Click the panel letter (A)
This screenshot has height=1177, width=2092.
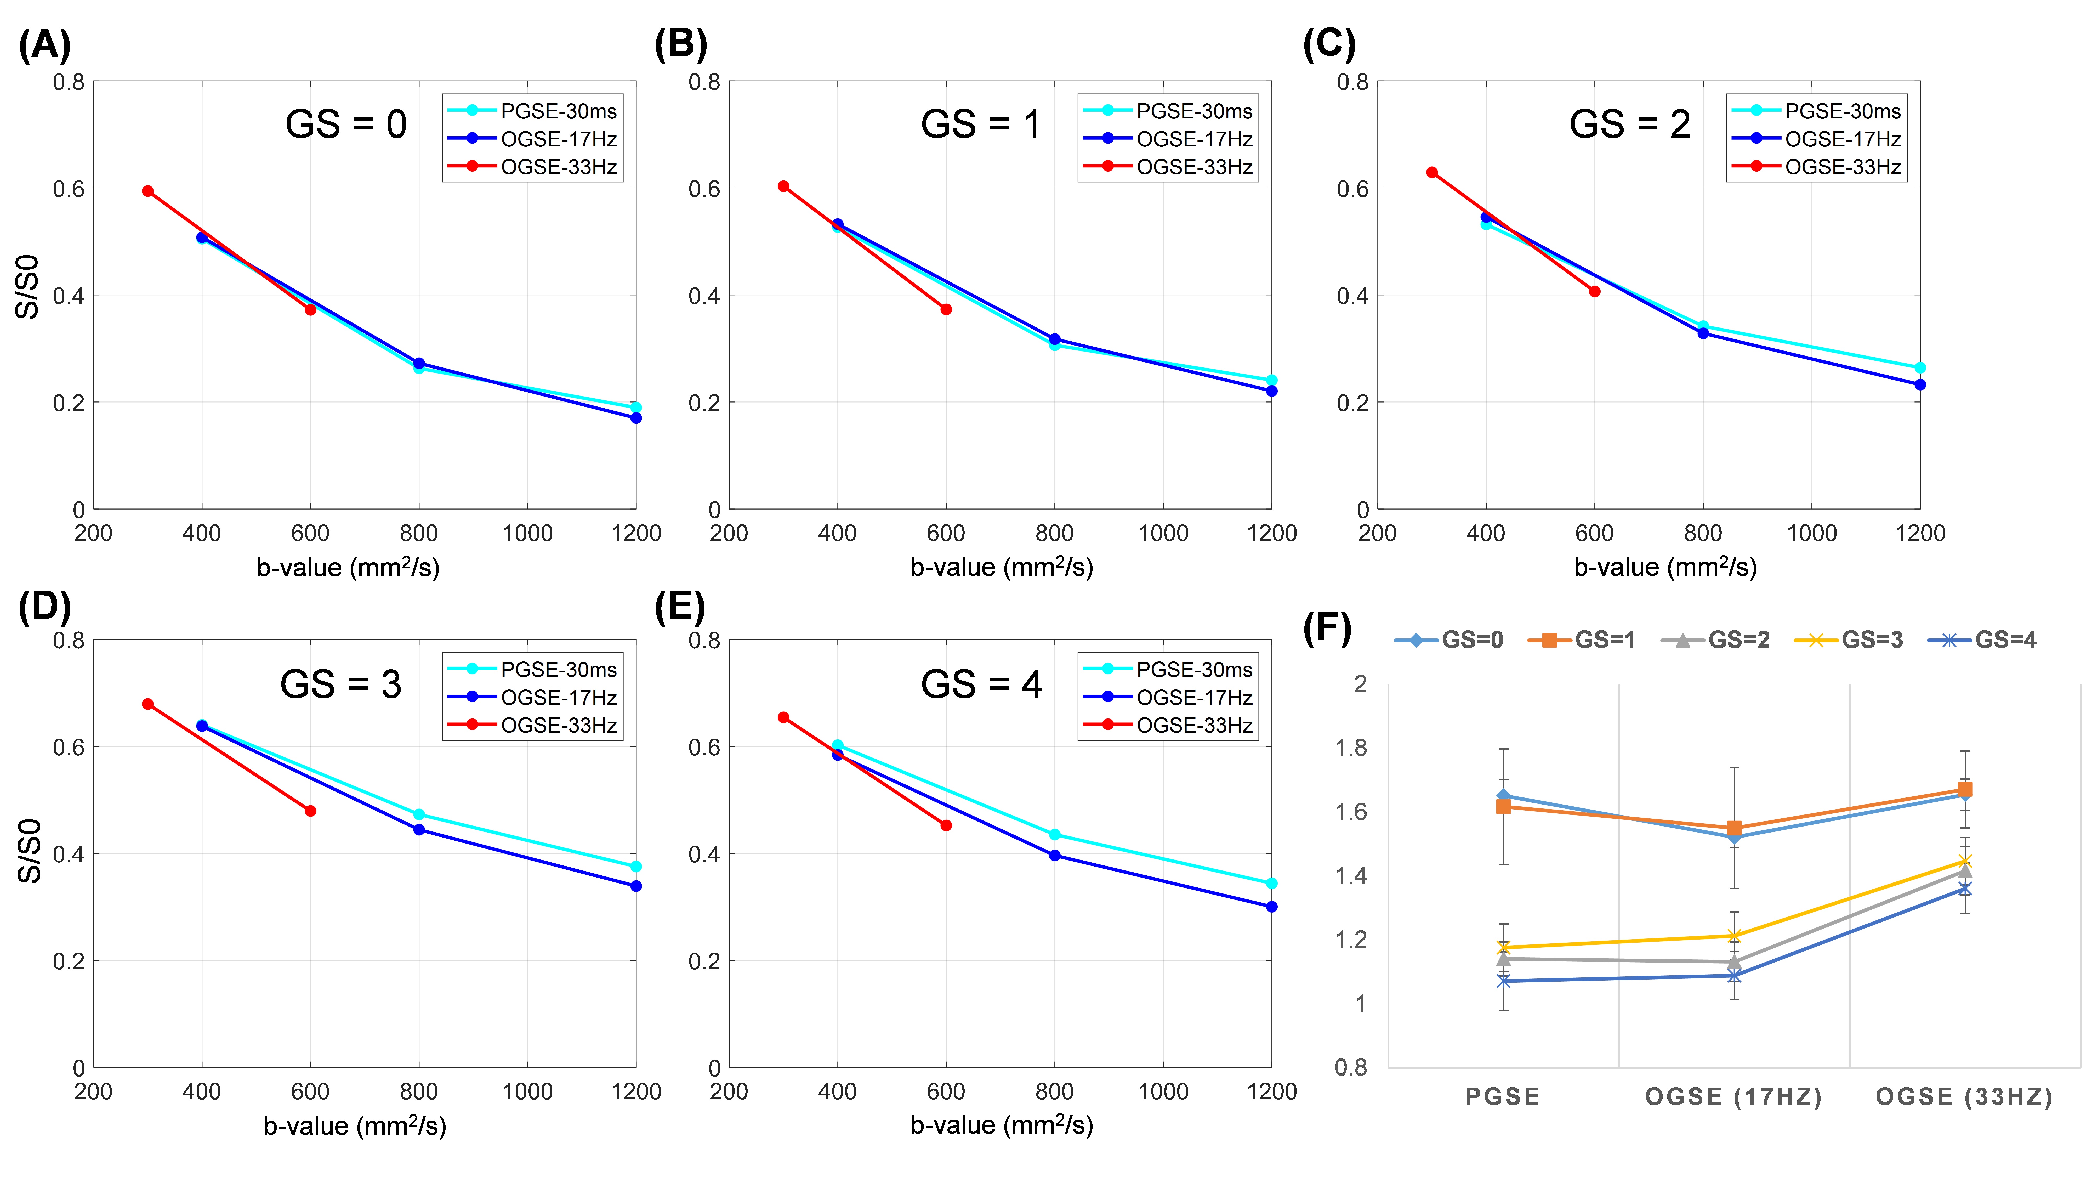45,45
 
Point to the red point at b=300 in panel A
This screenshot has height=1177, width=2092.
148,191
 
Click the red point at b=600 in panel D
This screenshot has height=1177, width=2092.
310,811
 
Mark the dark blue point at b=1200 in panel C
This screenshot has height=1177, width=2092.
1920,384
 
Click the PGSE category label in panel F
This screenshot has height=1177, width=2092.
1502,1097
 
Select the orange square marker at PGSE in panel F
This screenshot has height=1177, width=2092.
1503,807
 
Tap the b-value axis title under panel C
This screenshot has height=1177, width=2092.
1665,567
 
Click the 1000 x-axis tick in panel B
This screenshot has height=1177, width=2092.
1163,534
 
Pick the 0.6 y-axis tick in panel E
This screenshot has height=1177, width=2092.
704,747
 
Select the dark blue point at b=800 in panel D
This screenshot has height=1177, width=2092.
419,829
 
